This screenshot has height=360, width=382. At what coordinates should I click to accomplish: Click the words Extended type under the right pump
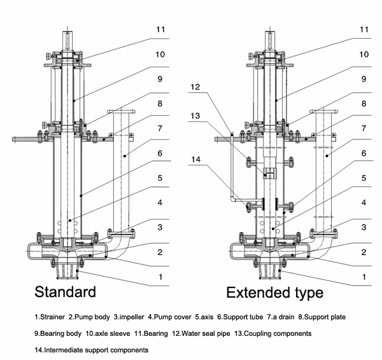[275, 293]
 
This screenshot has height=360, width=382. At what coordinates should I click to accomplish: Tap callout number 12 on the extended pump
[195, 87]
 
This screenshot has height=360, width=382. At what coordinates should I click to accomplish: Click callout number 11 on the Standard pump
[160, 29]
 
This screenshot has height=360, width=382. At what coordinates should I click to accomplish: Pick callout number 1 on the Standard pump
[160, 277]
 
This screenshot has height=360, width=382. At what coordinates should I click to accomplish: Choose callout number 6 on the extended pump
[364, 153]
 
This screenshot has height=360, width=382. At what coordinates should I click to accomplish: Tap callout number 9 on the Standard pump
[160, 79]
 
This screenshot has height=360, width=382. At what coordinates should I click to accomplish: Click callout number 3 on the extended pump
[364, 227]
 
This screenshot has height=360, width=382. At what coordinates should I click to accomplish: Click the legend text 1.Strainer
[50, 316]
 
